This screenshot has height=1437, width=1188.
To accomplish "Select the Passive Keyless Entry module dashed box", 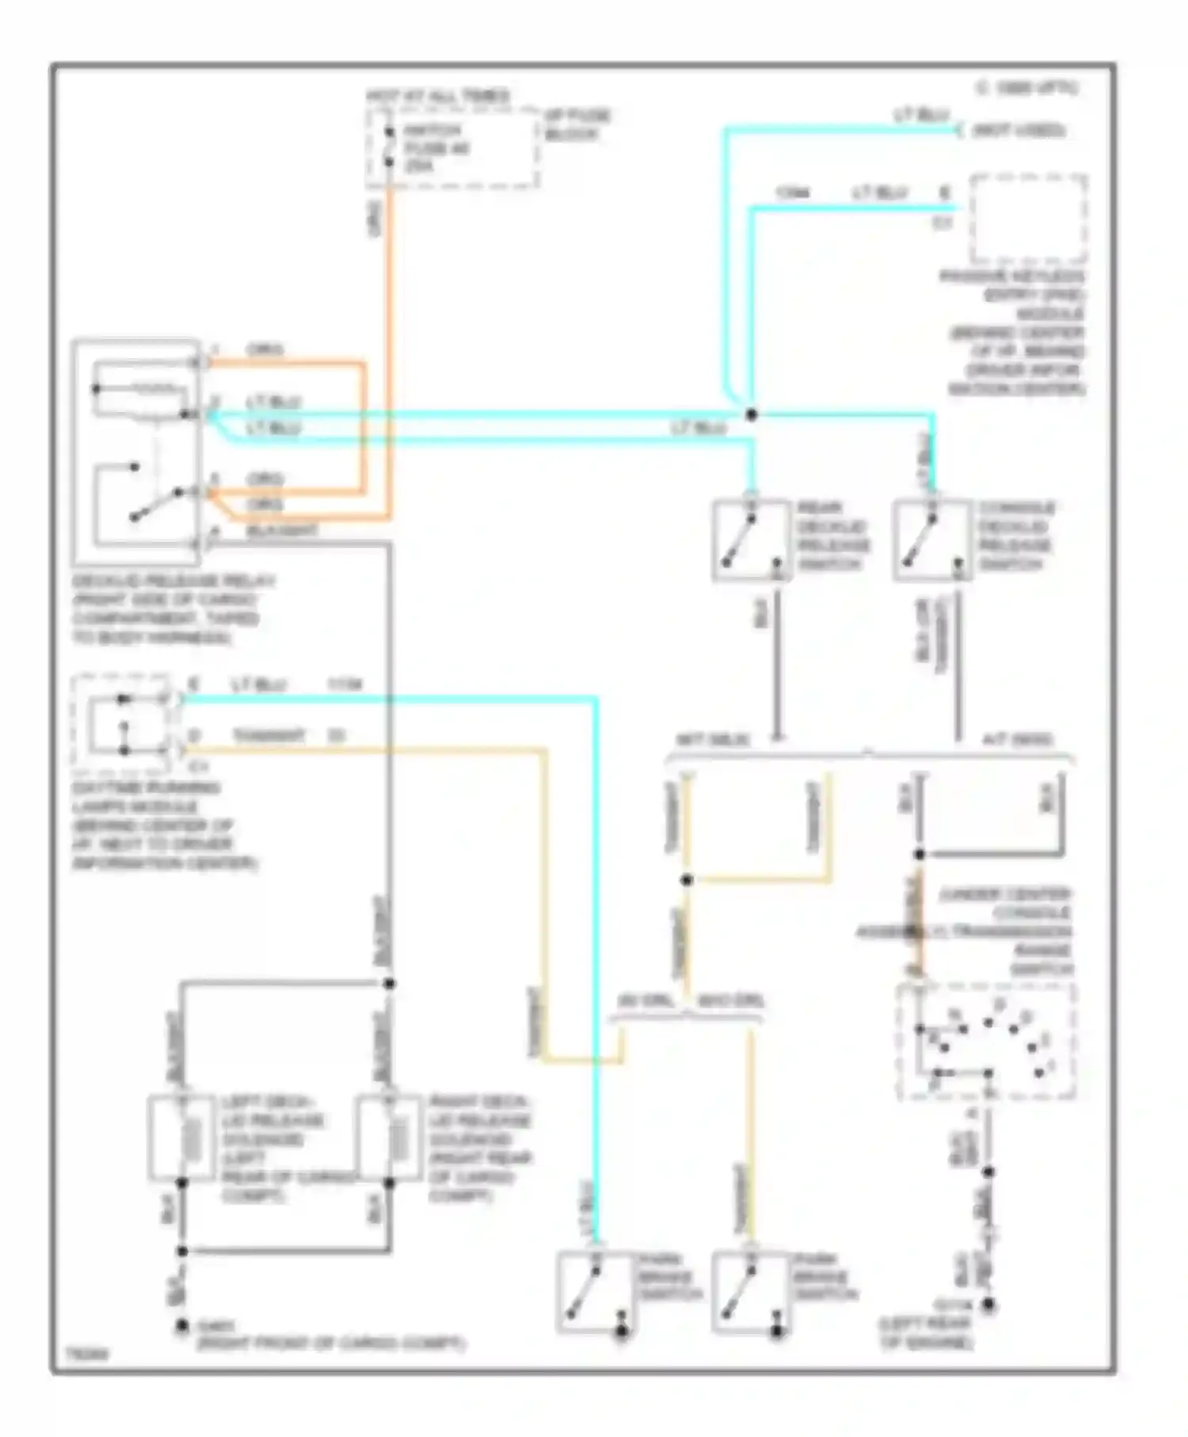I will [1029, 219].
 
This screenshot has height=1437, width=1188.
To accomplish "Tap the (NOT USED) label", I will [1019, 130].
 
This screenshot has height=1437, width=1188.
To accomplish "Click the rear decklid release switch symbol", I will [751, 539].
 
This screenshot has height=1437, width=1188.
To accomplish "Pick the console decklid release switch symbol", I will [932, 539].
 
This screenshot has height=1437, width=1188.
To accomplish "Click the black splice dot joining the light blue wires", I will [751, 414].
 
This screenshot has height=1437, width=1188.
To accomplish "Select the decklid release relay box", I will [136, 452].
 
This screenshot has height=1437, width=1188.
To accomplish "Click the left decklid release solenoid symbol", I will [182, 1138].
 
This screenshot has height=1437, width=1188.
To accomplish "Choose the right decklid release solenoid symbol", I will [388, 1138].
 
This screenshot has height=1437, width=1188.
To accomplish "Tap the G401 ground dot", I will [182, 1325].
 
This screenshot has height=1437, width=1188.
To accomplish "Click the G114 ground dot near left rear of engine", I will [988, 1304].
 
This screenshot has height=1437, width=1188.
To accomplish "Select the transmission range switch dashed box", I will [986, 1042].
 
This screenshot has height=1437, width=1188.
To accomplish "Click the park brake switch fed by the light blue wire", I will [595, 1291].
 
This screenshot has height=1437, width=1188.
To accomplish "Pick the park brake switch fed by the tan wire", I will [749, 1291].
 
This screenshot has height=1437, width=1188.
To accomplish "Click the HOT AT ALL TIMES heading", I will [438, 96].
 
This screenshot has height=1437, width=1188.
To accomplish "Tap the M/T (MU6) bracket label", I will [713, 740].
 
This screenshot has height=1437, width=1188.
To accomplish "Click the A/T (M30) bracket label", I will [1017, 740].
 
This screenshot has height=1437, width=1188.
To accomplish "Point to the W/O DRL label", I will [730, 1001].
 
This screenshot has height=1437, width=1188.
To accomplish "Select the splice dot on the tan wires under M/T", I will [687, 879].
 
